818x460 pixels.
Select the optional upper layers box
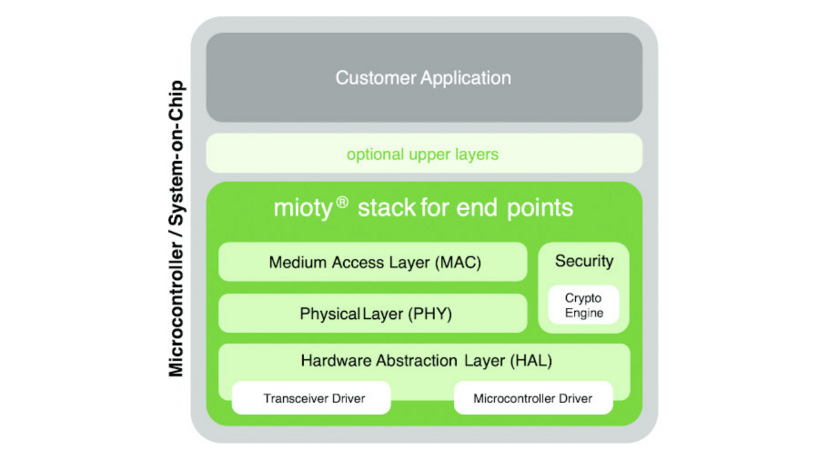[x=424, y=155]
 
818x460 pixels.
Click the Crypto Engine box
[x=583, y=305]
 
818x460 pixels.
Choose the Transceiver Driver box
[x=314, y=399]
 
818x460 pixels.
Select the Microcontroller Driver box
[x=532, y=399]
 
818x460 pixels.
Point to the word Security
[x=583, y=261]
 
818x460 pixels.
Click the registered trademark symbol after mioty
[x=343, y=203]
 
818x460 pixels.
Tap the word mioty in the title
[x=304, y=208]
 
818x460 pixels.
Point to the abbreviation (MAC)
[x=458, y=263]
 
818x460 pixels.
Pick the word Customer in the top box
[x=375, y=78]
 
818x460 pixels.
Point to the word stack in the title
[x=385, y=208]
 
